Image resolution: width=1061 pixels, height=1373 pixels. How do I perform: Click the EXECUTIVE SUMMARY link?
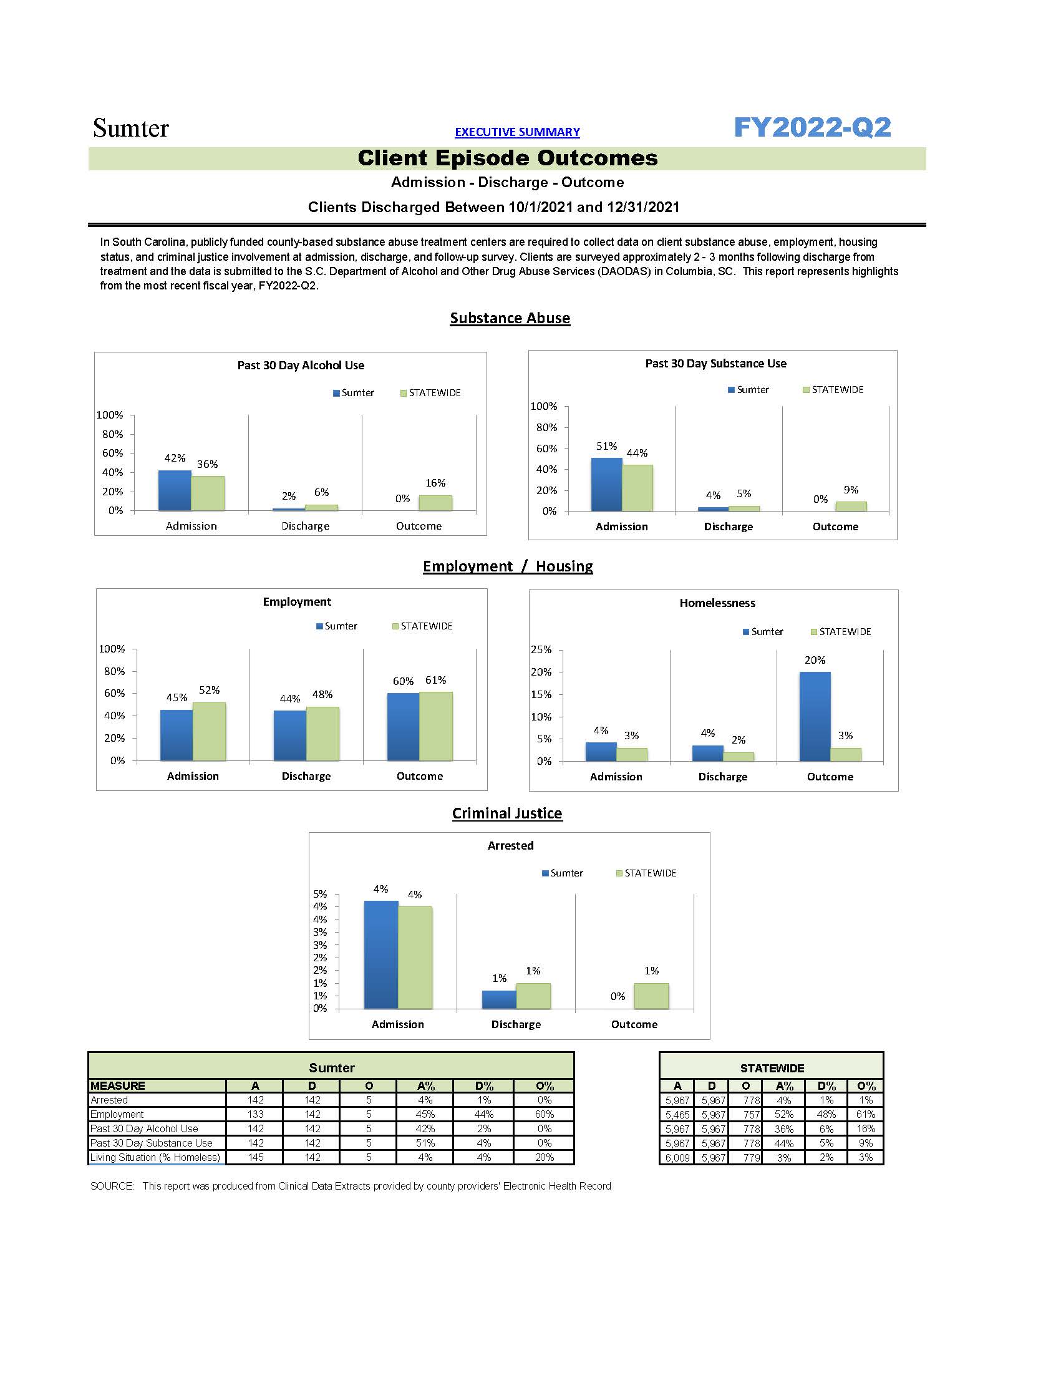[516, 132]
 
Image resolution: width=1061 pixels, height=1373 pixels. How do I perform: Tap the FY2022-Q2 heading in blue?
[812, 128]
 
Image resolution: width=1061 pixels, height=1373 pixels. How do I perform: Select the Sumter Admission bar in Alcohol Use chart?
[174, 490]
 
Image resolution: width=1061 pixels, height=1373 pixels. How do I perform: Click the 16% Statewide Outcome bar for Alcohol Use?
[435, 502]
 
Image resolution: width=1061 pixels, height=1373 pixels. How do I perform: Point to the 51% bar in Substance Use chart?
[606, 484]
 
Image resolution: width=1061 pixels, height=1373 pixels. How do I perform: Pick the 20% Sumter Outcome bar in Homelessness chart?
[815, 716]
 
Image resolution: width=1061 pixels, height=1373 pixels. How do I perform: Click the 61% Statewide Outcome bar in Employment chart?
[435, 726]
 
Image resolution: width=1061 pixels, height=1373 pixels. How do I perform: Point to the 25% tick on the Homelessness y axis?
[541, 649]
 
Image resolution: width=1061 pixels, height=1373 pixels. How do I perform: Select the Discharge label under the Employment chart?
[306, 777]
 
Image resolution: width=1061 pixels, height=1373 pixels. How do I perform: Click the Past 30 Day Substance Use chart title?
[715, 363]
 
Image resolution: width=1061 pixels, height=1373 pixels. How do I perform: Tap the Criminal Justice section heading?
[506, 813]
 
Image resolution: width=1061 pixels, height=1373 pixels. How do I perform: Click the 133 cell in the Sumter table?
[255, 1115]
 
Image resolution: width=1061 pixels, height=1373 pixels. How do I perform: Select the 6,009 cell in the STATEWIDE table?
[677, 1158]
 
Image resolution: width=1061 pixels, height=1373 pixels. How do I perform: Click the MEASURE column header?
[117, 1085]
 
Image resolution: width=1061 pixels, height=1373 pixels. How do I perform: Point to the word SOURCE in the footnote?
[112, 1186]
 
